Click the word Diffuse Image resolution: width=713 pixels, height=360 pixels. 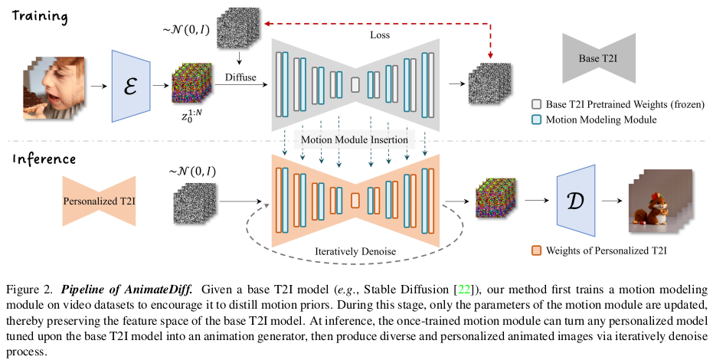coord(240,77)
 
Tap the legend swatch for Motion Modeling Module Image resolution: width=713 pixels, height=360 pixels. coord(537,120)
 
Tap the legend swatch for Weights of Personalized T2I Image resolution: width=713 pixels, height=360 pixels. coord(537,250)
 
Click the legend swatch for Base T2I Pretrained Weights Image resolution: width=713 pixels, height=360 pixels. coord(537,105)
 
